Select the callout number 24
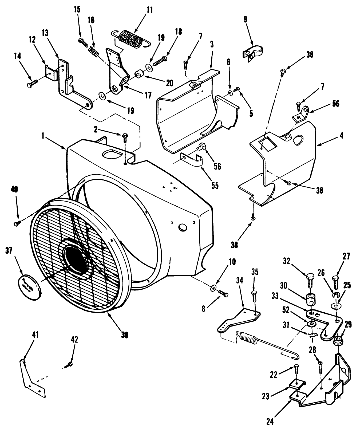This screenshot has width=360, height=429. [x=270, y=422]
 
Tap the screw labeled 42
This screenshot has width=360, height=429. [x=70, y=364]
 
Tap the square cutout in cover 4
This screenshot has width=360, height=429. [x=265, y=143]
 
